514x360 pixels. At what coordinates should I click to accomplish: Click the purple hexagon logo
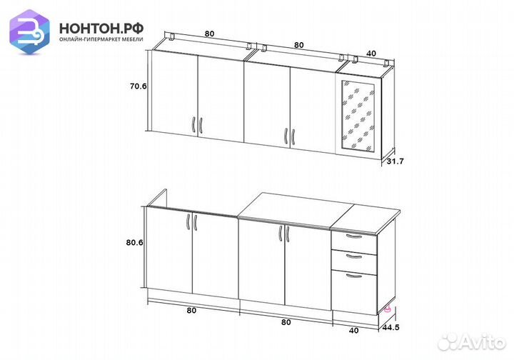tap(29, 32)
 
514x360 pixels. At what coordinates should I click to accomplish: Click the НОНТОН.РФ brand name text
tap(101, 29)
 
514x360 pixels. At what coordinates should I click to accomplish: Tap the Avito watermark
tap(472, 342)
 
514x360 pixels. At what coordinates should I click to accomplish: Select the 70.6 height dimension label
tap(138, 86)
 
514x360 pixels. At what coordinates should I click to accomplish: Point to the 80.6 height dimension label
tap(135, 243)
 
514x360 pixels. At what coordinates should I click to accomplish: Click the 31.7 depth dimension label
tap(395, 161)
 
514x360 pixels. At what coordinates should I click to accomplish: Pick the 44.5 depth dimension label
tap(390, 327)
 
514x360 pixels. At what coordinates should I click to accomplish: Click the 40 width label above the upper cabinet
tap(371, 54)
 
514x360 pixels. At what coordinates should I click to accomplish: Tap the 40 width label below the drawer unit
tap(353, 331)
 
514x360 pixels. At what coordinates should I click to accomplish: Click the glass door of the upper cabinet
tap(358, 116)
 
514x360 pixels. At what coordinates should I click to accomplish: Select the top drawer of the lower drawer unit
tap(354, 239)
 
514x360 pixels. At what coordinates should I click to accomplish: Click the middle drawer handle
tap(354, 256)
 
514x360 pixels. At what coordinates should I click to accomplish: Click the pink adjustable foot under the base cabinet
tap(388, 309)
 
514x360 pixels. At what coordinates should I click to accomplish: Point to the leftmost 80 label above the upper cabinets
tap(209, 34)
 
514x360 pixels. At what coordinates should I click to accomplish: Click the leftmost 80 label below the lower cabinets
tap(191, 310)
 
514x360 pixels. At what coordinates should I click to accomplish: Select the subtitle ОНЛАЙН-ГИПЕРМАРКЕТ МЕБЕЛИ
tap(101, 39)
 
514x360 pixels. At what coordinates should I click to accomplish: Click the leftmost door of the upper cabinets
tap(174, 94)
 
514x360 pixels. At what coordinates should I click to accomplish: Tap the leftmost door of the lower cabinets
tap(169, 251)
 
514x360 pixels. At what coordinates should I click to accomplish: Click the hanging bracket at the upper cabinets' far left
tap(173, 36)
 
